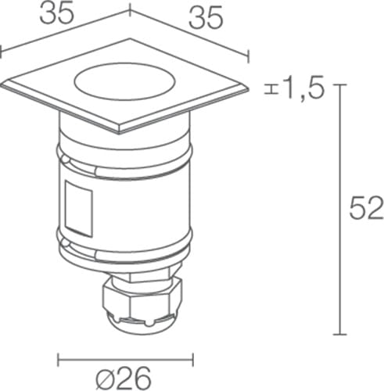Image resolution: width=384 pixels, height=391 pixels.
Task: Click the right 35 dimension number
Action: (x=206, y=18)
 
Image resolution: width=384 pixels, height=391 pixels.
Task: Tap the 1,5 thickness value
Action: (x=305, y=88)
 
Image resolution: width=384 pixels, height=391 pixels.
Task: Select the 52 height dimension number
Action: (x=367, y=208)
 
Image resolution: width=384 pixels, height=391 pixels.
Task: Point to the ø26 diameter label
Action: (x=124, y=378)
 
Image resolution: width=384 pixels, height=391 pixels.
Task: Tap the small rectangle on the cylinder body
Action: (x=78, y=209)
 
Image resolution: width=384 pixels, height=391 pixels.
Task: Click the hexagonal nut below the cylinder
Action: (x=142, y=297)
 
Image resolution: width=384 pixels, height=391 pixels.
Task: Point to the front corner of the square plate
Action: (x=119, y=133)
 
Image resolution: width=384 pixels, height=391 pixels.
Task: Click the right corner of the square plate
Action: (x=247, y=89)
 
